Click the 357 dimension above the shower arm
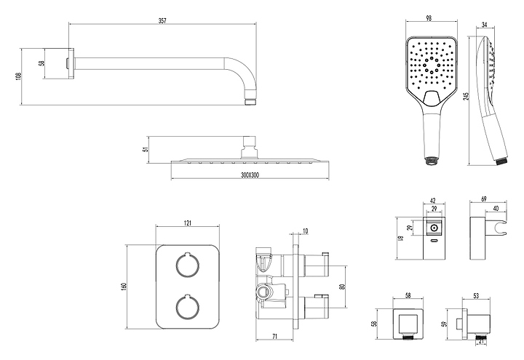click(162, 21)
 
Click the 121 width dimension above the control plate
click(187, 222)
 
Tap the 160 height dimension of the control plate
click(124, 287)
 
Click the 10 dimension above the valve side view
click(304, 233)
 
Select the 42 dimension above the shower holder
click(433, 201)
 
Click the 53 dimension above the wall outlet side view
click(476, 296)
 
